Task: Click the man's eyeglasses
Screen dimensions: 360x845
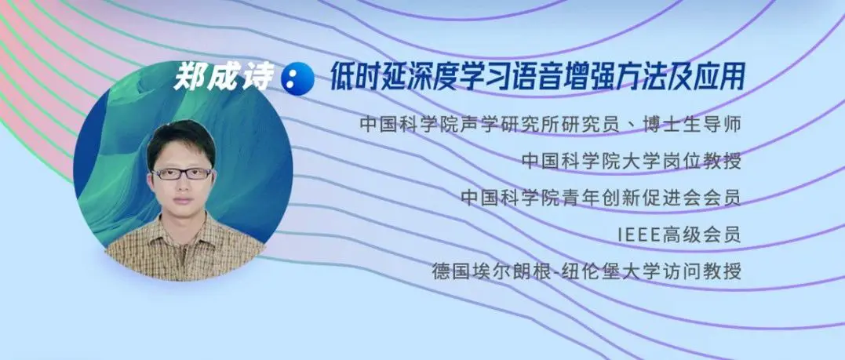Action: pos(181,173)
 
